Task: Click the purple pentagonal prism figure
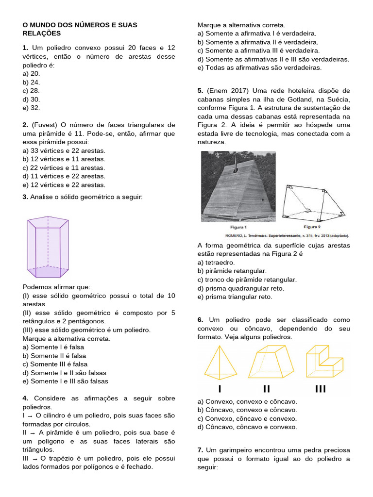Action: click(47, 247)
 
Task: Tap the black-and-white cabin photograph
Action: click(238, 186)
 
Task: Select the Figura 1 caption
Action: click(238, 227)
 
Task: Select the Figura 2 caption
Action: click(312, 227)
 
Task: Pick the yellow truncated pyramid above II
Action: click(269, 362)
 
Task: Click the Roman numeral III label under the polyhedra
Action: click(321, 389)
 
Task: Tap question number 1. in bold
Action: click(26, 48)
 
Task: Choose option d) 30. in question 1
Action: click(34, 99)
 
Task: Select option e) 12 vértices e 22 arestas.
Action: click(64, 185)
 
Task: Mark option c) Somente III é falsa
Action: click(55, 364)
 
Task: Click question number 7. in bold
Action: click(201, 450)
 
